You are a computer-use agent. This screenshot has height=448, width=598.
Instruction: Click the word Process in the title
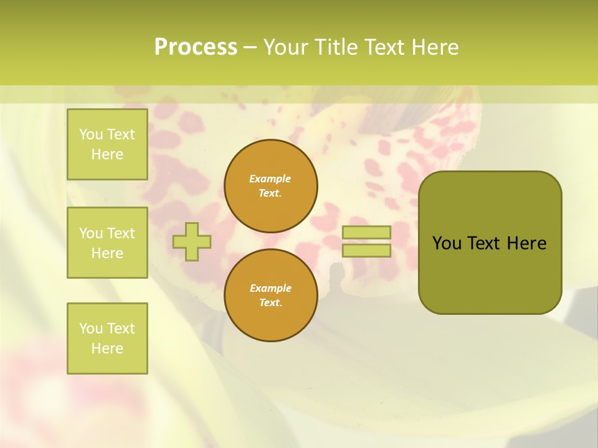pyautogui.click(x=196, y=47)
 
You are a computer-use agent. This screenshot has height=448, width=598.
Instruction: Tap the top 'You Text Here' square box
pyautogui.click(x=107, y=144)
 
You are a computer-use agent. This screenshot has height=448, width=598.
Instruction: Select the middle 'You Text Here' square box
pyautogui.click(x=107, y=243)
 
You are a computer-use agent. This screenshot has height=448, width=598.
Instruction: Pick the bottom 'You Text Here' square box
pyautogui.click(x=107, y=338)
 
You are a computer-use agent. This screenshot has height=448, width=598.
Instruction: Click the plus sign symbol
pyautogui.click(x=192, y=241)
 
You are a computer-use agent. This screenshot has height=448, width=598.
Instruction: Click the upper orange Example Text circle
pyautogui.click(x=271, y=186)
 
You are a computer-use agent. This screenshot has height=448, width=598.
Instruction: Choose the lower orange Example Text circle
pyautogui.click(x=271, y=295)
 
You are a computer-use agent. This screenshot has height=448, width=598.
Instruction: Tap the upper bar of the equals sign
pyautogui.click(x=366, y=232)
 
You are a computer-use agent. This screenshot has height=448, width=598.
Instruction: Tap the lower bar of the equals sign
pyautogui.click(x=366, y=251)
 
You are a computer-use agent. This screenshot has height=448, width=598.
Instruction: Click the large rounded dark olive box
pyautogui.click(x=490, y=274)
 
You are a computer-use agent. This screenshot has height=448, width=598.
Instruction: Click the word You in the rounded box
pyautogui.click(x=447, y=243)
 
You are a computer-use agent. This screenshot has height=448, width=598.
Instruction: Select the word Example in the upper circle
pyautogui.click(x=270, y=179)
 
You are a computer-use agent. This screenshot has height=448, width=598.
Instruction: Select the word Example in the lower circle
pyautogui.click(x=270, y=288)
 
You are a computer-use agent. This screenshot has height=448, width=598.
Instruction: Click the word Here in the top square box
pyautogui.click(x=107, y=154)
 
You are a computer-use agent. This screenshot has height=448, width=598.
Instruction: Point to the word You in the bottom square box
pyautogui.click(x=91, y=329)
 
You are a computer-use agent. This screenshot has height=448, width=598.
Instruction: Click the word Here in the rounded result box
pyautogui.click(x=526, y=243)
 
